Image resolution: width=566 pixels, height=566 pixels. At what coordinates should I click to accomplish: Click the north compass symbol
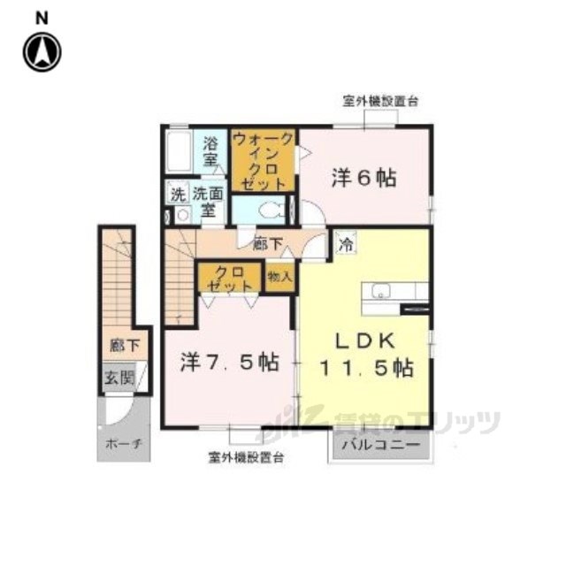[x=42, y=52]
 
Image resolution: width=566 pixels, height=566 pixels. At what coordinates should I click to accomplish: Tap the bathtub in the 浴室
[x=179, y=151]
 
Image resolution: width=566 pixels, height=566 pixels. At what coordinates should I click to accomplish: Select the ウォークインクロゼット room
[x=264, y=160]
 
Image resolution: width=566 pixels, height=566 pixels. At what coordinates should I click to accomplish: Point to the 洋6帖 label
[x=363, y=178]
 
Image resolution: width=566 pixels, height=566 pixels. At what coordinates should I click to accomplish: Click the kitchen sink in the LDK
[x=381, y=290]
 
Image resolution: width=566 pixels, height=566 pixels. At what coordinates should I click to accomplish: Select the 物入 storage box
[x=279, y=277]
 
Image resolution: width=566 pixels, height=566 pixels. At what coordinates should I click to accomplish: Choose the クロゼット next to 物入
[x=229, y=278]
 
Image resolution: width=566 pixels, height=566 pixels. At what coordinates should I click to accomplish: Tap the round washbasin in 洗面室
[x=183, y=216]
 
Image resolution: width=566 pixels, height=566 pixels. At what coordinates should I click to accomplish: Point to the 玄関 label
[x=119, y=379]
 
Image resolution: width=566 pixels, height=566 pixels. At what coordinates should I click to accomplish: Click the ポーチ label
[x=123, y=444]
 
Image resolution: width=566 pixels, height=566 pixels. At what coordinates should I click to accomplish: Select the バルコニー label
[x=381, y=445]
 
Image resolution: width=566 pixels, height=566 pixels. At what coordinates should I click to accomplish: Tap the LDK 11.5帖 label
[x=366, y=355]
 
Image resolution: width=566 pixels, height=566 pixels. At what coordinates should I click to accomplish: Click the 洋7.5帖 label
[x=230, y=363]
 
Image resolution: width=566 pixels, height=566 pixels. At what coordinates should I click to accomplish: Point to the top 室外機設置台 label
[x=380, y=102]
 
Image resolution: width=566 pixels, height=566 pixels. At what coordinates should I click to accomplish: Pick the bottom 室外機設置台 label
[x=246, y=458]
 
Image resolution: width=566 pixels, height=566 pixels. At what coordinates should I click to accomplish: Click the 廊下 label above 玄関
[x=125, y=346]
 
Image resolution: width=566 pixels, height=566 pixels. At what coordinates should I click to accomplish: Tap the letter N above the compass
[x=42, y=19]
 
